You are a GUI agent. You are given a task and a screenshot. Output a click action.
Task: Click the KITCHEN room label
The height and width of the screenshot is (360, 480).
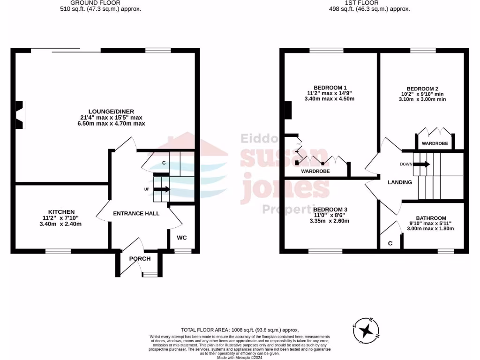coord(61,212)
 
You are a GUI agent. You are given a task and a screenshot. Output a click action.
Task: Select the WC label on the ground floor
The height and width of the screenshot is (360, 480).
coord(181,238)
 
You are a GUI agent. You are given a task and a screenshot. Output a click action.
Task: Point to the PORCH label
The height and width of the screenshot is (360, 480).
coord(140,259)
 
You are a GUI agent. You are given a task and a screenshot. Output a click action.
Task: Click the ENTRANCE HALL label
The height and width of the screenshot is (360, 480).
coord(136,213)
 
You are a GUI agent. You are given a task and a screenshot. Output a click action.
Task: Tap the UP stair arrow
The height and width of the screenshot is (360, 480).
coord(163,189)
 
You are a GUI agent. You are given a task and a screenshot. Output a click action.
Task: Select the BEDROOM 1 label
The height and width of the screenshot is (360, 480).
coord(330,88)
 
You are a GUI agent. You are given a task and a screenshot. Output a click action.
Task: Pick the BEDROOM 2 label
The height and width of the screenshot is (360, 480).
coord(422,89)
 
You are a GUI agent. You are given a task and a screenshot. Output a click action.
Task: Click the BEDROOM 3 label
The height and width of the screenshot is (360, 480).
coord(330,209)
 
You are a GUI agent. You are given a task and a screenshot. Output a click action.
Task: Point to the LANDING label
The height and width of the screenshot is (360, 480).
coord(400,182)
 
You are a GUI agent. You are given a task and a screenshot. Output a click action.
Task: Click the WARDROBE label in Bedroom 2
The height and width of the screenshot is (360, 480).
coord(435,143)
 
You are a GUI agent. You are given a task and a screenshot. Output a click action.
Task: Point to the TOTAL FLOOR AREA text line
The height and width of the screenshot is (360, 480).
coord(240,330)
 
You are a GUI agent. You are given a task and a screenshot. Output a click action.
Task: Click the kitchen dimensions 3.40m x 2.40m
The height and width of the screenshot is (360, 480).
coord(61,224)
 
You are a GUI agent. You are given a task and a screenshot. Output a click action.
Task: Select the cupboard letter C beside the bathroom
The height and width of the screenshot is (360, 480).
coord(390,243)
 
